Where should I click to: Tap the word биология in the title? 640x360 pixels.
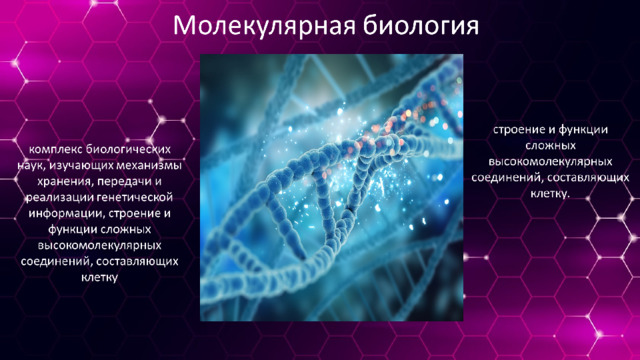click(420, 26)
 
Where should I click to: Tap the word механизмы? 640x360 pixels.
click(149, 166)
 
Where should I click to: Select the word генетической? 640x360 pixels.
click(135, 198)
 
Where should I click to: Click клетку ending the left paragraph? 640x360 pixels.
click(100, 278)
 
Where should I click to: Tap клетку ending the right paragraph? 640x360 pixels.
click(549, 193)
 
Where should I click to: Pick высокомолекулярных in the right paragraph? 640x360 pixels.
click(550, 162)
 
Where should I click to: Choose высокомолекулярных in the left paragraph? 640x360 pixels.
click(100, 246)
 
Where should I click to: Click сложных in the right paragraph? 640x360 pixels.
click(550, 146)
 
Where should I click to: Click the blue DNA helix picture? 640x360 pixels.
click(331, 187)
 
